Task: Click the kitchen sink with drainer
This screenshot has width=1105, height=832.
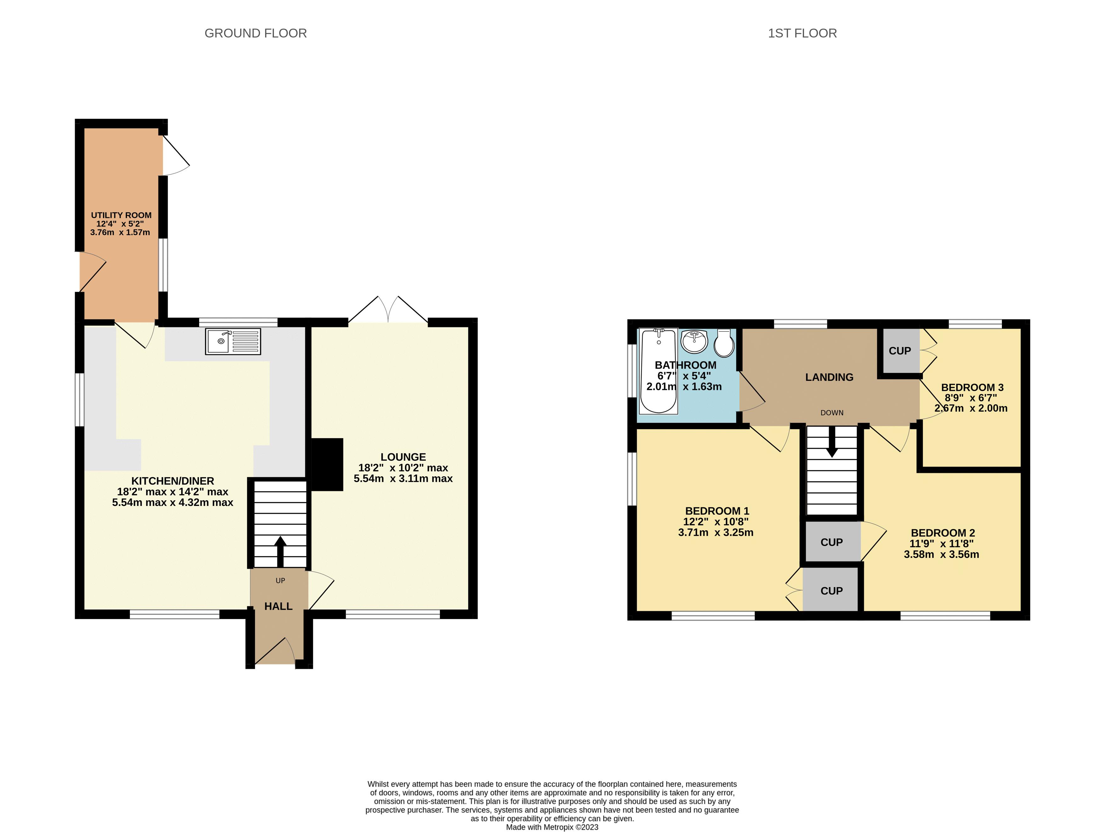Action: point(233,341)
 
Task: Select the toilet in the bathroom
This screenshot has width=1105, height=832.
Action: point(724,343)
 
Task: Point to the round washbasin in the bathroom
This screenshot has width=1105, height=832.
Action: point(694,341)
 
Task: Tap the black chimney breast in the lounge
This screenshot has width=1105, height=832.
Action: point(327,464)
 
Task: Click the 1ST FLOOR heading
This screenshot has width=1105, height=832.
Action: point(802,33)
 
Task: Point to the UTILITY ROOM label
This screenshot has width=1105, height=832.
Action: point(121,215)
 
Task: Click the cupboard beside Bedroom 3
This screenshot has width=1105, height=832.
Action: point(900,351)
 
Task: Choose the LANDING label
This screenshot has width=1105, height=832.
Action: point(829,377)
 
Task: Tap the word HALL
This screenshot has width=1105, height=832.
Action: point(278,606)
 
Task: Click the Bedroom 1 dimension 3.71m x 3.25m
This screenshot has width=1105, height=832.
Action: point(715,533)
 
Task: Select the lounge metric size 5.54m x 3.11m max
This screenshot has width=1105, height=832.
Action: point(403,479)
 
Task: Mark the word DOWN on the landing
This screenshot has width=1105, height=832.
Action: point(832,412)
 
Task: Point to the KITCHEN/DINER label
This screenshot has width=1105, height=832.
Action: point(172,481)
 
